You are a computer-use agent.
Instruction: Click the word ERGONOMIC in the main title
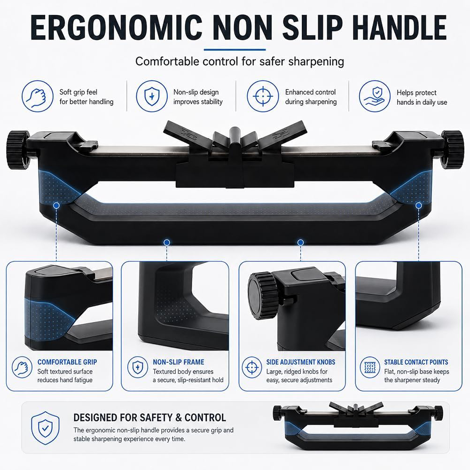pos(116,27)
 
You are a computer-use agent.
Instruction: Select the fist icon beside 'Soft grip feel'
pos(38,96)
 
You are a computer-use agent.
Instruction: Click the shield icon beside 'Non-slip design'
pos(152,96)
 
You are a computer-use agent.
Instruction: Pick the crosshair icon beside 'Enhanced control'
pos(263,96)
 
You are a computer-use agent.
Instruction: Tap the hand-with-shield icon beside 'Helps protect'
pos(375,96)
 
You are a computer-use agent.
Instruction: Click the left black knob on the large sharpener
pos(17,149)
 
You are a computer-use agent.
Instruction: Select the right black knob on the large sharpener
pos(452,149)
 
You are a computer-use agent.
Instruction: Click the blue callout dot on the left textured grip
pos(56,205)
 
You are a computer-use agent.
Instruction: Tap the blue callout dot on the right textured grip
pos(419,205)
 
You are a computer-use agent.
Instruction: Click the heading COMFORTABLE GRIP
pos(67,362)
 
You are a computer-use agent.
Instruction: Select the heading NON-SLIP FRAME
pos(178,362)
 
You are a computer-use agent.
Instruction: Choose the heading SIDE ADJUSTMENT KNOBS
pos(301,362)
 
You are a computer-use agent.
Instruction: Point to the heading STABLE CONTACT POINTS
pos(416,362)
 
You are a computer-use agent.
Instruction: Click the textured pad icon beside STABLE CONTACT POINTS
pos(370,367)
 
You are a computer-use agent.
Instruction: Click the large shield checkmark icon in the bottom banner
pos(45,428)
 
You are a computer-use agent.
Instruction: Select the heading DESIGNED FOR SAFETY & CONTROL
pos(149,417)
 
